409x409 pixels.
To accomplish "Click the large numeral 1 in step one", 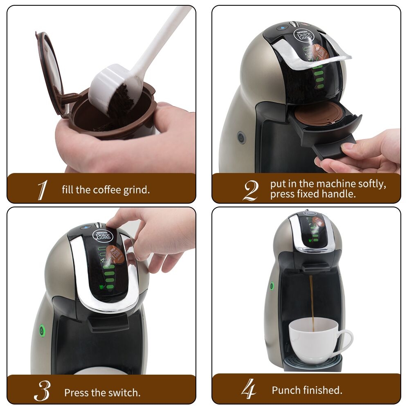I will pos(42,190).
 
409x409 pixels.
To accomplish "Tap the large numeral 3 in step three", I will pos(42,392).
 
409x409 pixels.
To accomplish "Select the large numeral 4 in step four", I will pos(249,389).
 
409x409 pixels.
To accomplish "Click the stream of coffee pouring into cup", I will pos(311,299).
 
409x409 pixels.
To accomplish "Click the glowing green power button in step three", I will pos(41,329).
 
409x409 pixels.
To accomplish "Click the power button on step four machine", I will pos(272,286).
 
